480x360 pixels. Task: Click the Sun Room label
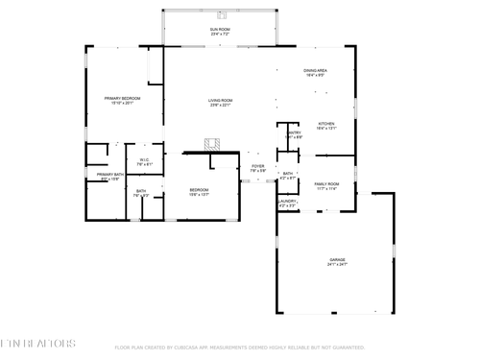coord(220,31)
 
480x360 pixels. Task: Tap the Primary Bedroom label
coord(123,98)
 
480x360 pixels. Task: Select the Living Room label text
coord(221,100)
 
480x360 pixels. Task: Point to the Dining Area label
coord(316,70)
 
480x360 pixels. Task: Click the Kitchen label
coord(325,123)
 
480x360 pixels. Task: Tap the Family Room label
coord(326,183)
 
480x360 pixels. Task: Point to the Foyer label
coord(257,166)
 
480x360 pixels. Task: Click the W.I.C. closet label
coord(143,159)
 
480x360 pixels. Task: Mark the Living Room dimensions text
coord(221,106)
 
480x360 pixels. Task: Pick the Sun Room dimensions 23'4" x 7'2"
coord(220,36)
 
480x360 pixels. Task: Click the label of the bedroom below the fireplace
coord(199,190)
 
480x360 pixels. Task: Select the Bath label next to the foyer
coord(287,174)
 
